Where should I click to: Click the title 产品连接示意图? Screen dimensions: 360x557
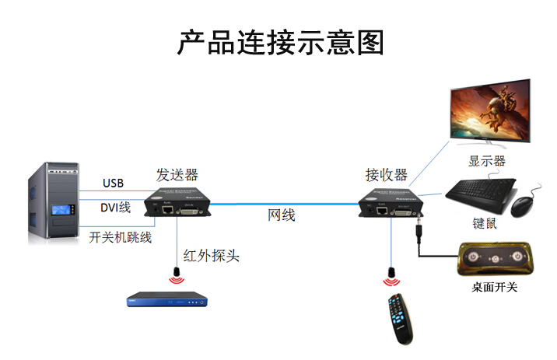(x=280, y=42)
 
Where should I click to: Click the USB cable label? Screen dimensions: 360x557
(x=113, y=183)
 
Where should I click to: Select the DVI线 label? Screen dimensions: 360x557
(x=115, y=207)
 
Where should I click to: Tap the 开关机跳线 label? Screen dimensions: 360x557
(x=121, y=237)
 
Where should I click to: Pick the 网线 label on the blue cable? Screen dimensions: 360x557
(x=282, y=215)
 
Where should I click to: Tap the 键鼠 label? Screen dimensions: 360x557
(x=485, y=224)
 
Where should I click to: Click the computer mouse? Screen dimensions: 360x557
(x=524, y=204)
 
